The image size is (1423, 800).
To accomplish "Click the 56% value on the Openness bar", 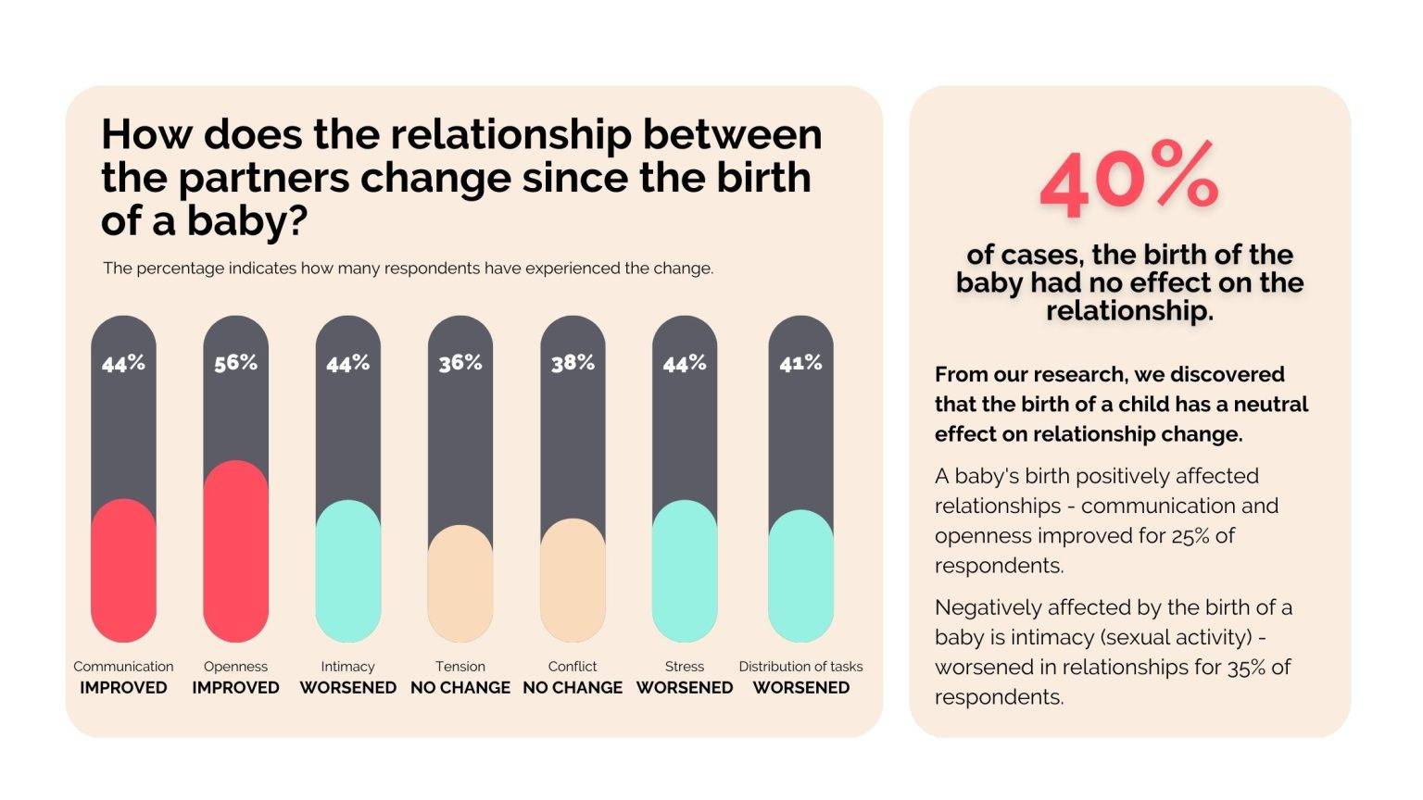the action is (x=235, y=363).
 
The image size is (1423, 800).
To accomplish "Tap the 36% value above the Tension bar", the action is (x=460, y=363).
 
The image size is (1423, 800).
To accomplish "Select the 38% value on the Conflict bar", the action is (x=573, y=363).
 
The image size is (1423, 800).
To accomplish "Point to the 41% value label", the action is (x=800, y=363).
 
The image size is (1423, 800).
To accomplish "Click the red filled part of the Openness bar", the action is (x=235, y=551).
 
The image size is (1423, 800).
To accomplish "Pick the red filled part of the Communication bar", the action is (x=123, y=570).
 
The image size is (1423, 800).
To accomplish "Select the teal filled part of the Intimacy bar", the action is (x=348, y=570).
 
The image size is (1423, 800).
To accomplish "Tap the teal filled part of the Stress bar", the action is (x=685, y=570).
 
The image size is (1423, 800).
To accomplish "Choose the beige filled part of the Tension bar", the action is (x=460, y=583).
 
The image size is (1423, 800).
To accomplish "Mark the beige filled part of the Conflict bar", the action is (x=573, y=581).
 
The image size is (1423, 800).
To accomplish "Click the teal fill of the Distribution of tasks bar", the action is (x=800, y=576).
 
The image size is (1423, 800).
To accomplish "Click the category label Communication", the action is (x=123, y=667).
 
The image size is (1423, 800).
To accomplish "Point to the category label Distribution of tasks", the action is (x=800, y=667).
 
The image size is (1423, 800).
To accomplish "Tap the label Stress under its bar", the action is (x=685, y=667).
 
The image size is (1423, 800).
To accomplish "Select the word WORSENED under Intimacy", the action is (x=348, y=688).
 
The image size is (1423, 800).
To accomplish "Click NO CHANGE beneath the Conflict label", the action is (x=573, y=688).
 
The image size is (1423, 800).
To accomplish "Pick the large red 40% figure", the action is (x=1129, y=180).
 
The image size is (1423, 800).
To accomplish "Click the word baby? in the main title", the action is (x=247, y=221).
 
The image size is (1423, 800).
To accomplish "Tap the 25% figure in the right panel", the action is (x=1190, y=536).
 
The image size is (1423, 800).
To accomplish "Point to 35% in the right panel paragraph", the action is (x=1246, y=668).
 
